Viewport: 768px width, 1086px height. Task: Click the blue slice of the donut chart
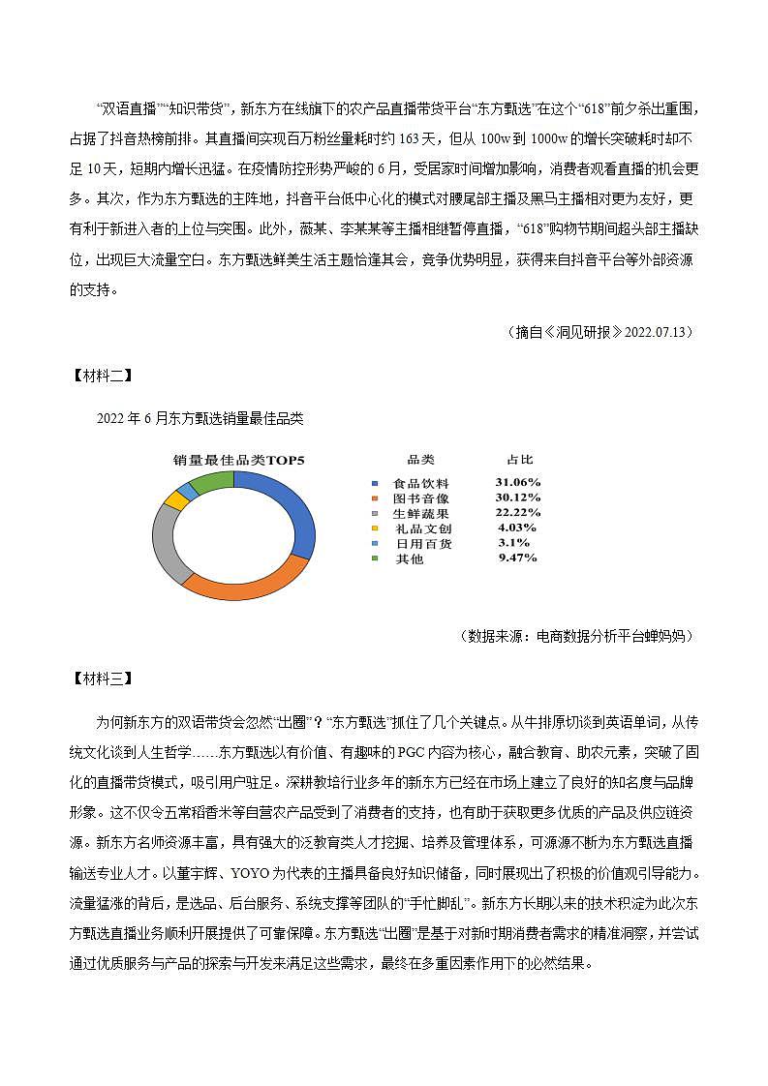(x=300, y=513)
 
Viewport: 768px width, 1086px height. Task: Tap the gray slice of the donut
(x=166, y=542)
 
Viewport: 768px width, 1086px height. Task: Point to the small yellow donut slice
(x=174, y=499)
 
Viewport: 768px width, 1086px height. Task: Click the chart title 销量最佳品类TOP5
(x=239, y=460)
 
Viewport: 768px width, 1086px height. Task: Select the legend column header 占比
(x=519, y=460)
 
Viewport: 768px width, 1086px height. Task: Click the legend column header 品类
(x=420, y=460)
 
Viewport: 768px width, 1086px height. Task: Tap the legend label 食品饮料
(x=420, y=483)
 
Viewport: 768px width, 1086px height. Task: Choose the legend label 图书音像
(x=420, y=498)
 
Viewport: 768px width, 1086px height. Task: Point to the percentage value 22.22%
(x=517, y=512)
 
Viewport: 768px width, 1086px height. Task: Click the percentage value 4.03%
(x=516, y=528)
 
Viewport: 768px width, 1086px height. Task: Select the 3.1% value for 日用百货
(x=514, y=543)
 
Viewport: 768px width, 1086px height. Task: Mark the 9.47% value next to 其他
(x=517, y=558)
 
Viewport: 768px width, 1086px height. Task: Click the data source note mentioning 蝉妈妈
(x=578, y=636)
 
